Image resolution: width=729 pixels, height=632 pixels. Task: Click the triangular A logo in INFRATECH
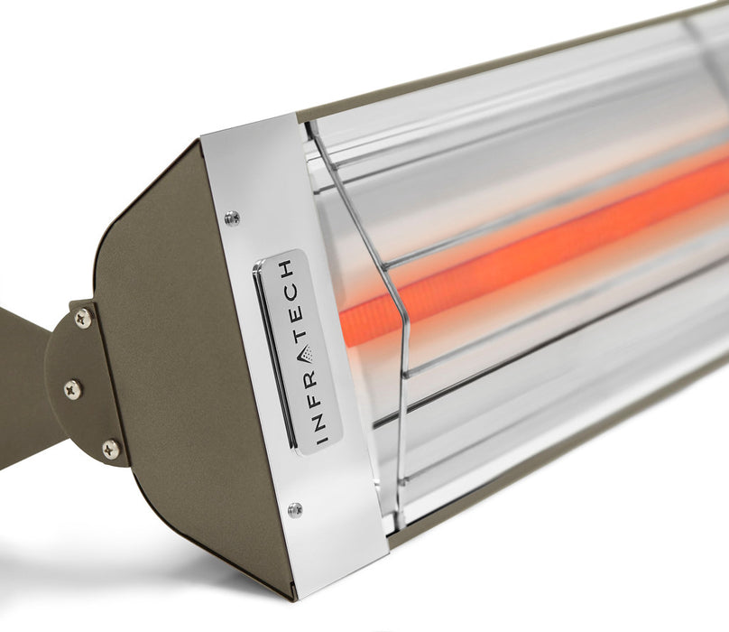pyautogui.click(x=305, y=353)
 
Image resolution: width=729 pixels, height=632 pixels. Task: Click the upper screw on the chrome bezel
pyautogui.click(x=232, y=217)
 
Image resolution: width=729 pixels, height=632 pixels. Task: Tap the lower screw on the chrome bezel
pyautogui.click(x=294, y=510)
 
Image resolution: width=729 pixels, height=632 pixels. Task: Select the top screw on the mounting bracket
pyautogui.click(x=82, y=318)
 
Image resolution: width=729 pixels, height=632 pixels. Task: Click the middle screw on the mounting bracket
pyautogui.click(x=72, y=389)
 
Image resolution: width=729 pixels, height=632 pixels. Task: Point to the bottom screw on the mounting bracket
pyautogui.click(x=110, y=449)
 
